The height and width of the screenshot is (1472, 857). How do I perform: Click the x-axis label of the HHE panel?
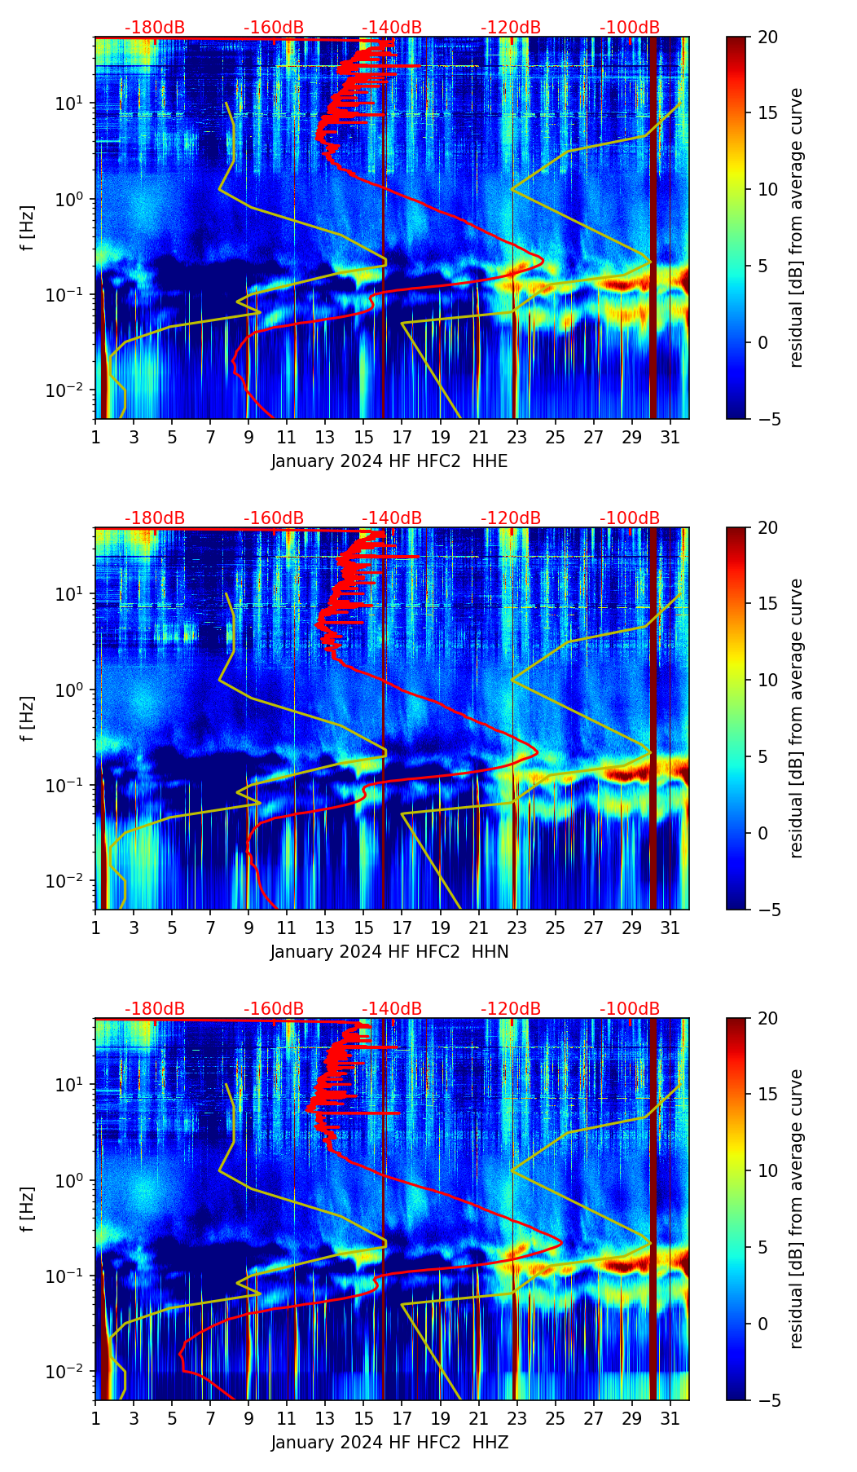point(389,461)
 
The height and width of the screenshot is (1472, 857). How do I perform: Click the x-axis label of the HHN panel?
point(389,952)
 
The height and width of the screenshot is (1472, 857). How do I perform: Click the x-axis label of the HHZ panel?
point(389,1443)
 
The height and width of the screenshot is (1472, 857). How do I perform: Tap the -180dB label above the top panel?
point(155,28)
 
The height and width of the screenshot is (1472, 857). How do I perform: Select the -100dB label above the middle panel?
point(630,518)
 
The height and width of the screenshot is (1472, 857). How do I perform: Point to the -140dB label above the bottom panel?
point(392,1009)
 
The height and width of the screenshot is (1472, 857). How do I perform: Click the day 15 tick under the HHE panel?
point(363,437)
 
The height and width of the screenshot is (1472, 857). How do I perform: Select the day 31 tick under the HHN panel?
point(670,928)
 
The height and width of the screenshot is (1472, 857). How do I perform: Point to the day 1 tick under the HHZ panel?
point(95,1418)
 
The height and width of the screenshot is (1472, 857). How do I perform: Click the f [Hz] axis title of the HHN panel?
point(28,718)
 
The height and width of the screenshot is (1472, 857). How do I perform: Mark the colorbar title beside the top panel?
point(796,227)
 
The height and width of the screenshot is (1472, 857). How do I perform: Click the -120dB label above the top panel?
point(511,28)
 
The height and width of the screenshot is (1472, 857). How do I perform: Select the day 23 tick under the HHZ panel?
point(516,1418)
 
